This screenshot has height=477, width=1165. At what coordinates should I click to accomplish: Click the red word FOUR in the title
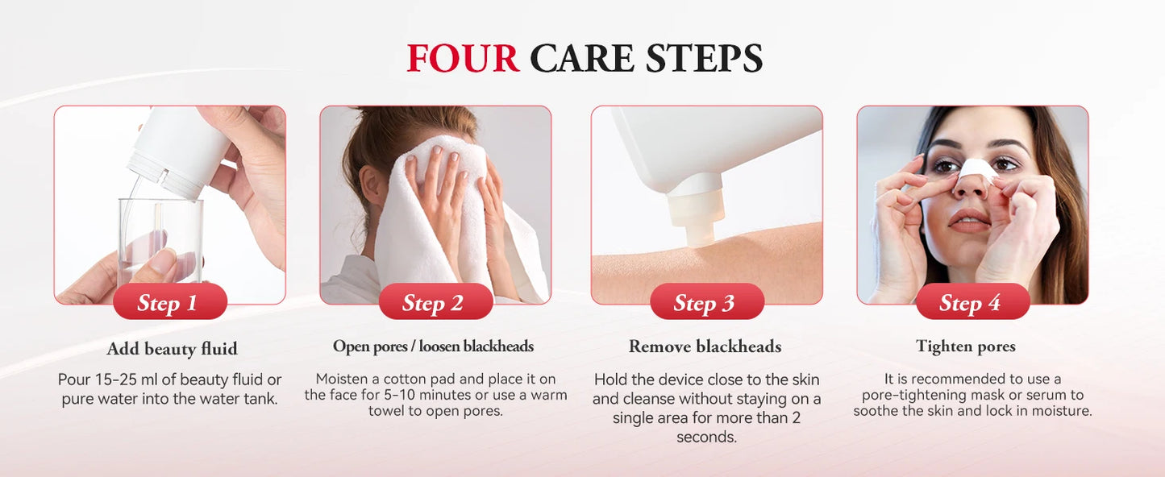pyautogui.click(x=463, y=59)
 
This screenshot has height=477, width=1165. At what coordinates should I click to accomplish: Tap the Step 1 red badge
pyautogui.click(x=169, y=303)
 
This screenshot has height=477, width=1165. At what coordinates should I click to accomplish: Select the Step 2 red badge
pyautogui.click(x=435, y=303)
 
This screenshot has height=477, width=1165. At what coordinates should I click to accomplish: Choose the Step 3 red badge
pyautogui.click(x=706, y=303)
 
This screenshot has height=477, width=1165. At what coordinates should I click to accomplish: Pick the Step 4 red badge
pyautogui.click(x=972, y=303)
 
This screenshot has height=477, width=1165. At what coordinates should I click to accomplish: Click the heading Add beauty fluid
pyautogui.click(x=172, y=349)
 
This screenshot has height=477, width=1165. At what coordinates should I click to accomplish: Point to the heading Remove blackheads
pyautogui.click(x=705, y=346)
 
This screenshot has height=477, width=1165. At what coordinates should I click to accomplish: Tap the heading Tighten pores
pyautogui.click(x=965, y=346)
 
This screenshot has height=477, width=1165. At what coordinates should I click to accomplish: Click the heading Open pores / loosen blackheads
pyautogui.click(x=433, y=346)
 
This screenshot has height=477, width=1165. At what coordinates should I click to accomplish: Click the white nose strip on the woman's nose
pyautogui.click(x=976, y=169)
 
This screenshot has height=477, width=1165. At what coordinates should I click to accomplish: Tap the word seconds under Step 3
pyautogui.click(x=706, y=438)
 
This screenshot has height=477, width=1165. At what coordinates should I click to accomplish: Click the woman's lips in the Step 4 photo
pyautogui.click(x=968, y=221)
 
